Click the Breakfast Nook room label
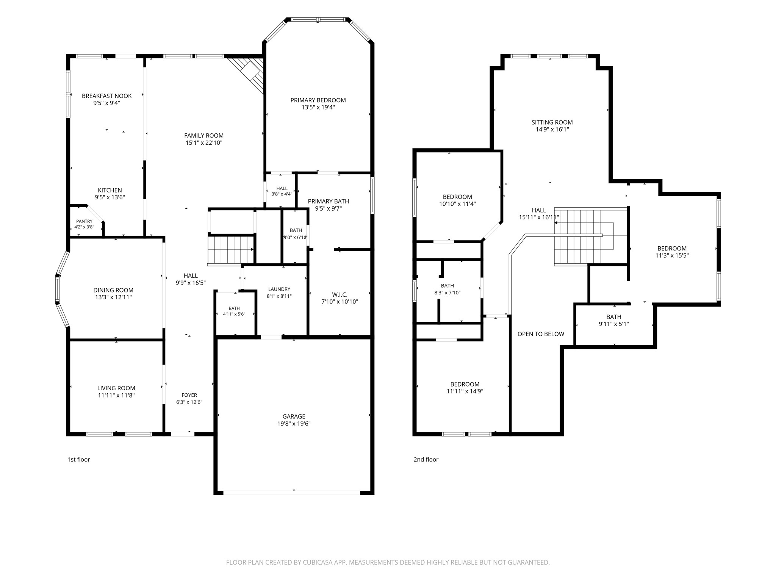tap(107, 96)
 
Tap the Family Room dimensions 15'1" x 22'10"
tap(204, 143)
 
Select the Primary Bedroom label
tap(318, 100)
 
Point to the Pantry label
tap(84, 221)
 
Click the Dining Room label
tap(113, 290)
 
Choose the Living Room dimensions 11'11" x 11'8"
tap(116, 395)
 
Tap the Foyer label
tap(189, 395)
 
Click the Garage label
tap(294, 416)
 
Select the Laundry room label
tap(279, 289)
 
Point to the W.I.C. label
tap(340, 294)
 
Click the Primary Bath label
tap(329, 201)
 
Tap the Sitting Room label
tap(552, 122)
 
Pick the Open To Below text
tap(541, 334)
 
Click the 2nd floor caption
tap(426, 460)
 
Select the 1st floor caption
tap(79, 460)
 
